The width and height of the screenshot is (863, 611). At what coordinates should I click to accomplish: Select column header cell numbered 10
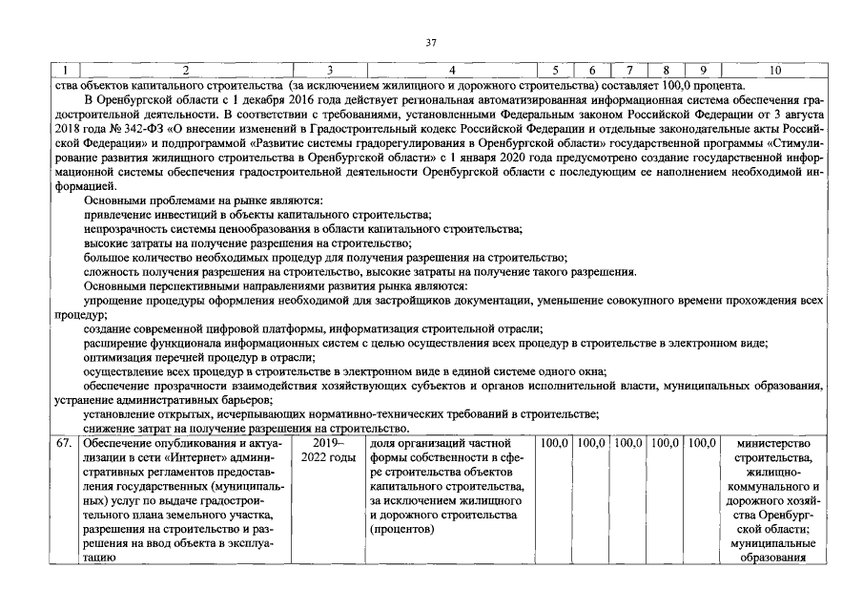(773, 71)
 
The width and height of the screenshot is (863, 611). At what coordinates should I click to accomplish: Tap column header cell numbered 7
(628, 71)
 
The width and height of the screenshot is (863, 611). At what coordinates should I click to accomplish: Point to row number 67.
(65, 443)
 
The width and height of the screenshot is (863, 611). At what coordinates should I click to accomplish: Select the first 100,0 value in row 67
(554, 443)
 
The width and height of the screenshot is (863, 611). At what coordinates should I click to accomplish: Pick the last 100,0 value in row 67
(702, 443)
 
